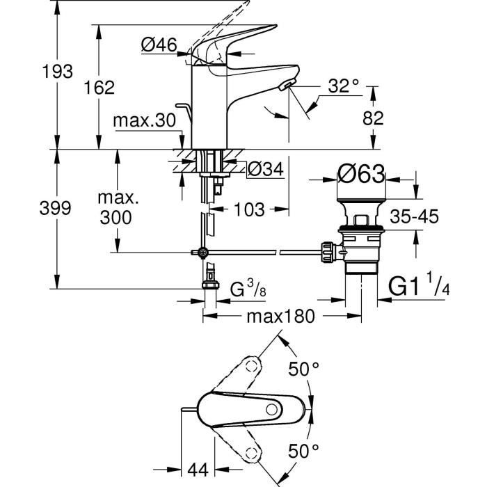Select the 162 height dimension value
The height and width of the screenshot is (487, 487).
tap(99, 87)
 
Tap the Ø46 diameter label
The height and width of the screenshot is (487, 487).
tap(158, 46)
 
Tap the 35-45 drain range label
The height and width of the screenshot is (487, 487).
tap(415, 217)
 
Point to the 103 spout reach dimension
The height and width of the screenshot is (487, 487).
tap(248, 208)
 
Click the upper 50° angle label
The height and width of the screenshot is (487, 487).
tap(303, 369)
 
